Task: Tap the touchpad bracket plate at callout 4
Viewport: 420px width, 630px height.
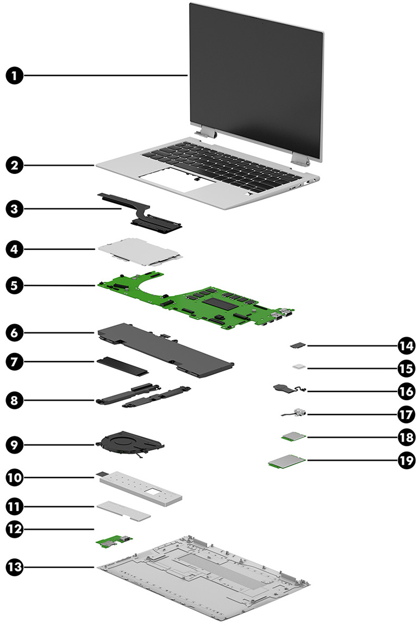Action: pos(139,250)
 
